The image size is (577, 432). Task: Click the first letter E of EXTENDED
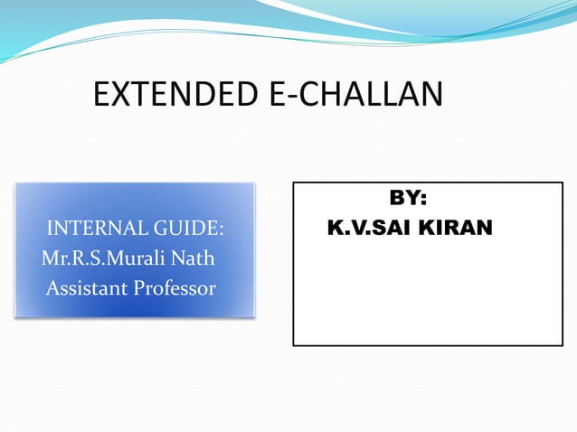click(102, 94)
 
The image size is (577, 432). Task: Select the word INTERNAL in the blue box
click(90, 227)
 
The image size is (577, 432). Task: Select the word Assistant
click(86, 289)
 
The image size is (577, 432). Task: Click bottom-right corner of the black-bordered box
click(563, 345)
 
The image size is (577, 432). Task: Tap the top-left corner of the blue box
click(15, 183)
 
